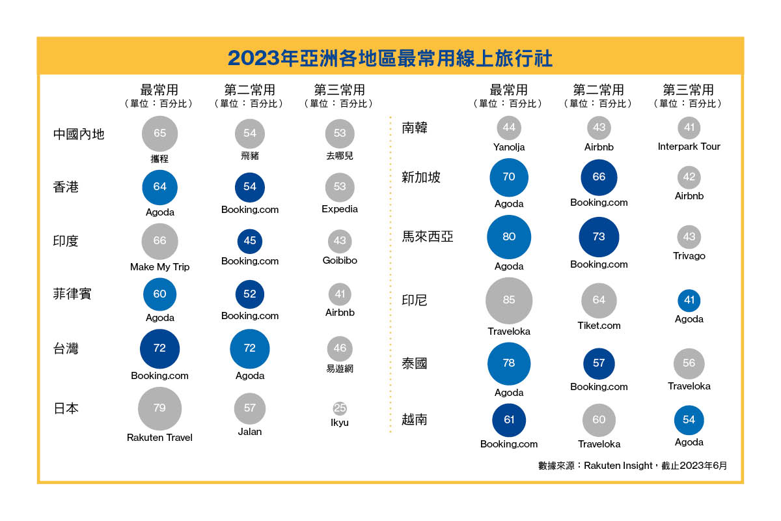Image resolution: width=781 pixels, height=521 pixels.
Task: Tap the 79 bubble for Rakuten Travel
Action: point(159,408)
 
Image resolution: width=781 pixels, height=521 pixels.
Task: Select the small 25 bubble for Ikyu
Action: point(340,408)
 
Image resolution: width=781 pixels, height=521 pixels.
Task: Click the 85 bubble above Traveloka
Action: point(509,300)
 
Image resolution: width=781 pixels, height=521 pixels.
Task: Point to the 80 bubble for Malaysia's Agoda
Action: point(509,237)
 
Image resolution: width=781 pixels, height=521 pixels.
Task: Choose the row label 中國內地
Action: point(79,134)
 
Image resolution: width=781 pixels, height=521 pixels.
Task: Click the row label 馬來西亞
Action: point(428,237)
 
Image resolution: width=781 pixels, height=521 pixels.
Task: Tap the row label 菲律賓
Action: point(72,294)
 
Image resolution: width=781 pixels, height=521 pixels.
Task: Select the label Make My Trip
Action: point(159,267)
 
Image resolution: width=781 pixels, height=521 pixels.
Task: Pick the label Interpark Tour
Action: point(689,147)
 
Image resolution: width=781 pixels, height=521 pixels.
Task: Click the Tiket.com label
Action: point(599,326)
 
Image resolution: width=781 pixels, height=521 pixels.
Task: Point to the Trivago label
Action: point(689,256)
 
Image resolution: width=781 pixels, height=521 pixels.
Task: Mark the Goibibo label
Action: point(340,260)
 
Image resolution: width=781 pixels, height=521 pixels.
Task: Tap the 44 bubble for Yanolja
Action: point(509,128)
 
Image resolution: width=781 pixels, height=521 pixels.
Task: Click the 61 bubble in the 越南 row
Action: point(509,420)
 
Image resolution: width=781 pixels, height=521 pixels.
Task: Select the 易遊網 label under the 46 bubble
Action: point(340,369)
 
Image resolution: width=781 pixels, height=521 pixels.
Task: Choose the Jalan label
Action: point(250,432)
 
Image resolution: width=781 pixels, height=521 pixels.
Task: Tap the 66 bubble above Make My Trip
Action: point(159,241)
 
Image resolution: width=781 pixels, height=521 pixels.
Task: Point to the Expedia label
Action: point(340,209)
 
